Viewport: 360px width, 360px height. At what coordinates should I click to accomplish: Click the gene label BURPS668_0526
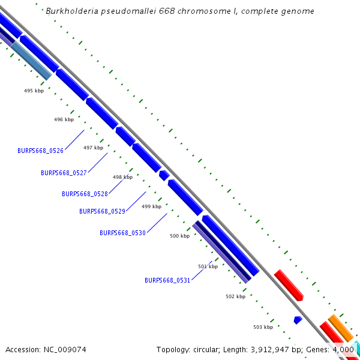click(40, 151)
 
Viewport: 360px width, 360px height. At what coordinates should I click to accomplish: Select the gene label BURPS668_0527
click(64, 173)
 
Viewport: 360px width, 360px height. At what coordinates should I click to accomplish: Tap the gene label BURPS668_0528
click(85, 194)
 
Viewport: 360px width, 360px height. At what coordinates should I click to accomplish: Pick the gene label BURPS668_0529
click(102, 211)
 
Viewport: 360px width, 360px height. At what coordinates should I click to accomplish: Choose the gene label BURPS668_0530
click(122, 233)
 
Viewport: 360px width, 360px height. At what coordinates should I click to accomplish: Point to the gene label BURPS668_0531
click(167, 280)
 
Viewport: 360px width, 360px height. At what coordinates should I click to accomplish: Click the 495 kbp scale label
click(34, 91)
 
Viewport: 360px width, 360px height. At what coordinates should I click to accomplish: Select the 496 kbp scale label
click(64, 119)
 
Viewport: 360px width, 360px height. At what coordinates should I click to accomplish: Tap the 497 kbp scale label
click(93, 148)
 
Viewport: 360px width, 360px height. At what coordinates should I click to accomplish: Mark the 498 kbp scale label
click(122, 177)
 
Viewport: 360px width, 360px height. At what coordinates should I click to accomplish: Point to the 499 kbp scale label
click(151, 206)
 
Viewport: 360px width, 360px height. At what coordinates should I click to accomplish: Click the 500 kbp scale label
click(179, 236)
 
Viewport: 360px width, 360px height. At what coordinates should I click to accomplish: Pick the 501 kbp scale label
click(208, 266)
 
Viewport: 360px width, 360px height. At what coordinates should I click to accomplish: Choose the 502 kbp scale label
click(235, 296)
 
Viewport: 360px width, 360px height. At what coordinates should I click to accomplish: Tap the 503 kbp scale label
click(263, 327)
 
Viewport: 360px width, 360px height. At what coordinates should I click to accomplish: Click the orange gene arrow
click(340, 328)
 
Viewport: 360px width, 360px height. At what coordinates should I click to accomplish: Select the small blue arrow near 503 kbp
click(298, 320)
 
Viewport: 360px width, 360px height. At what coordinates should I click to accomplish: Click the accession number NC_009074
click(64, 349)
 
